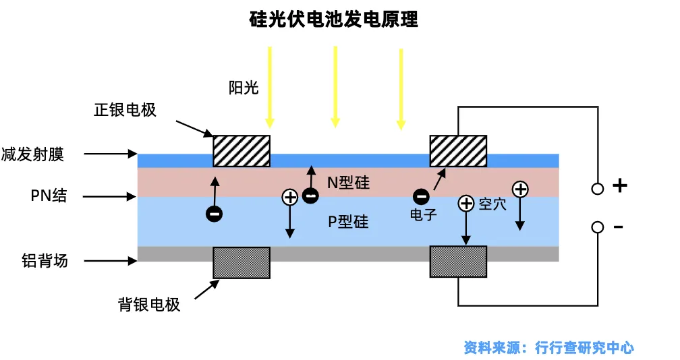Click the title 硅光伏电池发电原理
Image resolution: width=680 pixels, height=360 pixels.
click(333, 20)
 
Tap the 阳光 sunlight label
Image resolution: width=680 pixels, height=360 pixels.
click(244, 88)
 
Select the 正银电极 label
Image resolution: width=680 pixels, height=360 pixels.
click(125, 110)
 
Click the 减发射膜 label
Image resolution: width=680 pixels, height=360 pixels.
click(32, 154)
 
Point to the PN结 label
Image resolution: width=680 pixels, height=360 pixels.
click(49, 196)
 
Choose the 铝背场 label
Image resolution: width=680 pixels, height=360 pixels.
click(45, 261)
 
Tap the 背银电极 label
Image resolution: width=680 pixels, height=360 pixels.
click(148, 305)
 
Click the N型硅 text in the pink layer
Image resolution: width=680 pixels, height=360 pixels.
click(348, 183)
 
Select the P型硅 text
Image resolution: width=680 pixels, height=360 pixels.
click(348, 222)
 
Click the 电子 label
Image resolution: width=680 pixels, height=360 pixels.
click(423, 214)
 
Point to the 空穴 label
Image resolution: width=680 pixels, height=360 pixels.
click(492, 204)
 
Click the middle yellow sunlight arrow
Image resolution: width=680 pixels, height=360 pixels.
click(335, 87)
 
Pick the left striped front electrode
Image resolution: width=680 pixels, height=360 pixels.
click(242, 151)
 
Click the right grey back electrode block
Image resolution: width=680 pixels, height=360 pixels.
click(458, 262)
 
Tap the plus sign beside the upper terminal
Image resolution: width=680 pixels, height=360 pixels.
click(620, 185)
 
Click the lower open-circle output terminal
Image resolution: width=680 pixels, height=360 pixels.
click(598, 227)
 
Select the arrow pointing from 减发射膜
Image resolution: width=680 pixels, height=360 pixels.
click(111, 153)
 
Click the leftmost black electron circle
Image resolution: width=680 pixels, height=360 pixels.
click(215, 214)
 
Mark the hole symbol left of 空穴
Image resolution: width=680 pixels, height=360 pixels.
click(466, 203)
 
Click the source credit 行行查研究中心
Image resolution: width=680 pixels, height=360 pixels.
click(584, 347)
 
